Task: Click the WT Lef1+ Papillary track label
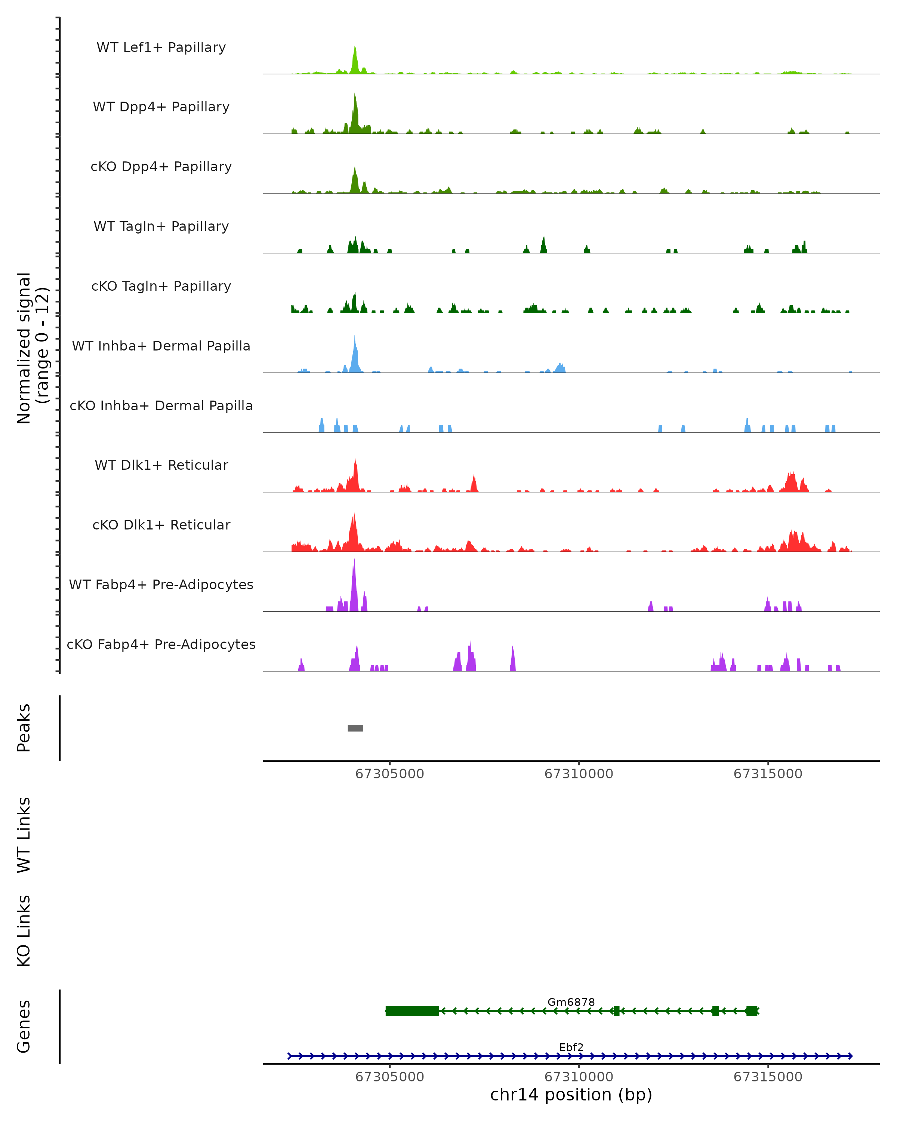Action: (161, 47)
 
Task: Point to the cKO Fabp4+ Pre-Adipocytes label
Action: (161, 644)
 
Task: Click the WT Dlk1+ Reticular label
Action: (161, 465)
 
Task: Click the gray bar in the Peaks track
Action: (355, 728)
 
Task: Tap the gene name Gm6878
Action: (571, 1002)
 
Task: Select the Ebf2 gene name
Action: (571, 1047)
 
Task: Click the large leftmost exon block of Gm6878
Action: (412, 1011)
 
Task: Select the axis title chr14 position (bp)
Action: (571, 1095)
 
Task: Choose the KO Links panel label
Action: (24, 931)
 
